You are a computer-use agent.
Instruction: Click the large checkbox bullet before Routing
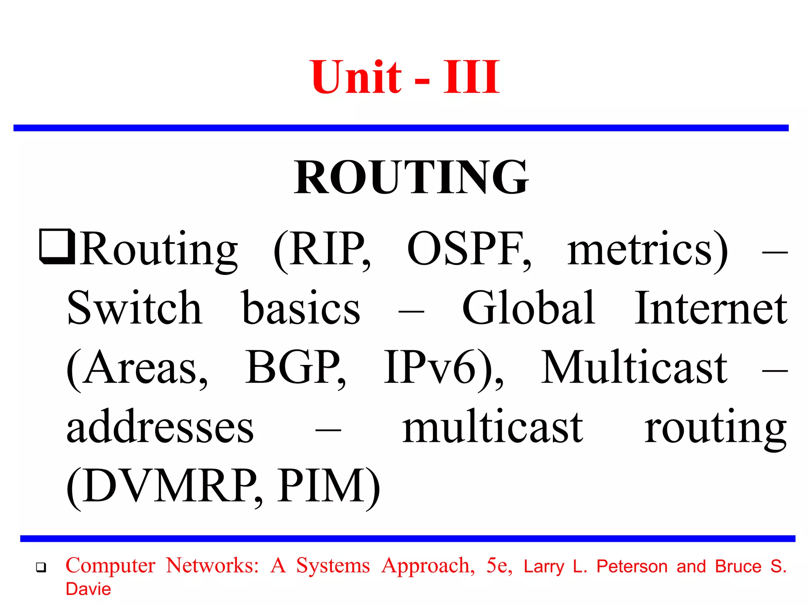(x=57, y=247)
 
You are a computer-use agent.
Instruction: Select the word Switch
(x=134, y=308)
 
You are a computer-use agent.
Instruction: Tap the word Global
(x=529, y=308)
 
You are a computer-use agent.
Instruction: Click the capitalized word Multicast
(x=634, y=368)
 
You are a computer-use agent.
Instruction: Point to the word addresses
(x=160, y=427)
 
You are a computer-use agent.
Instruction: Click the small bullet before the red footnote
(x=41, y=568)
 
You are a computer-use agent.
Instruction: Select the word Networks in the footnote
(x=212, y=565)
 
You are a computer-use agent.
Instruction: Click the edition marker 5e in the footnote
(x=499, y=565)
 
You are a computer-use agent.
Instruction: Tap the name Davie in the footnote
(x=88, y=589)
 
